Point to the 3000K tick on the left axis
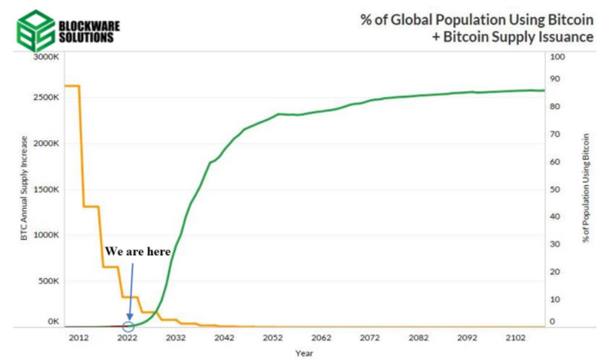(46, 57)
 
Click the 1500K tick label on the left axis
(46, 189)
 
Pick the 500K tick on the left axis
(48, 281)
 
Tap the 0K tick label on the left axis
(53, 322)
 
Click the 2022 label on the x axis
(127, 338)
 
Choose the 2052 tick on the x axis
(273, 338)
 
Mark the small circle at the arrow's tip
(128, 326)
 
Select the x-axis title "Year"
(304, 353)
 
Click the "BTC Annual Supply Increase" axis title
(24, 189)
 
